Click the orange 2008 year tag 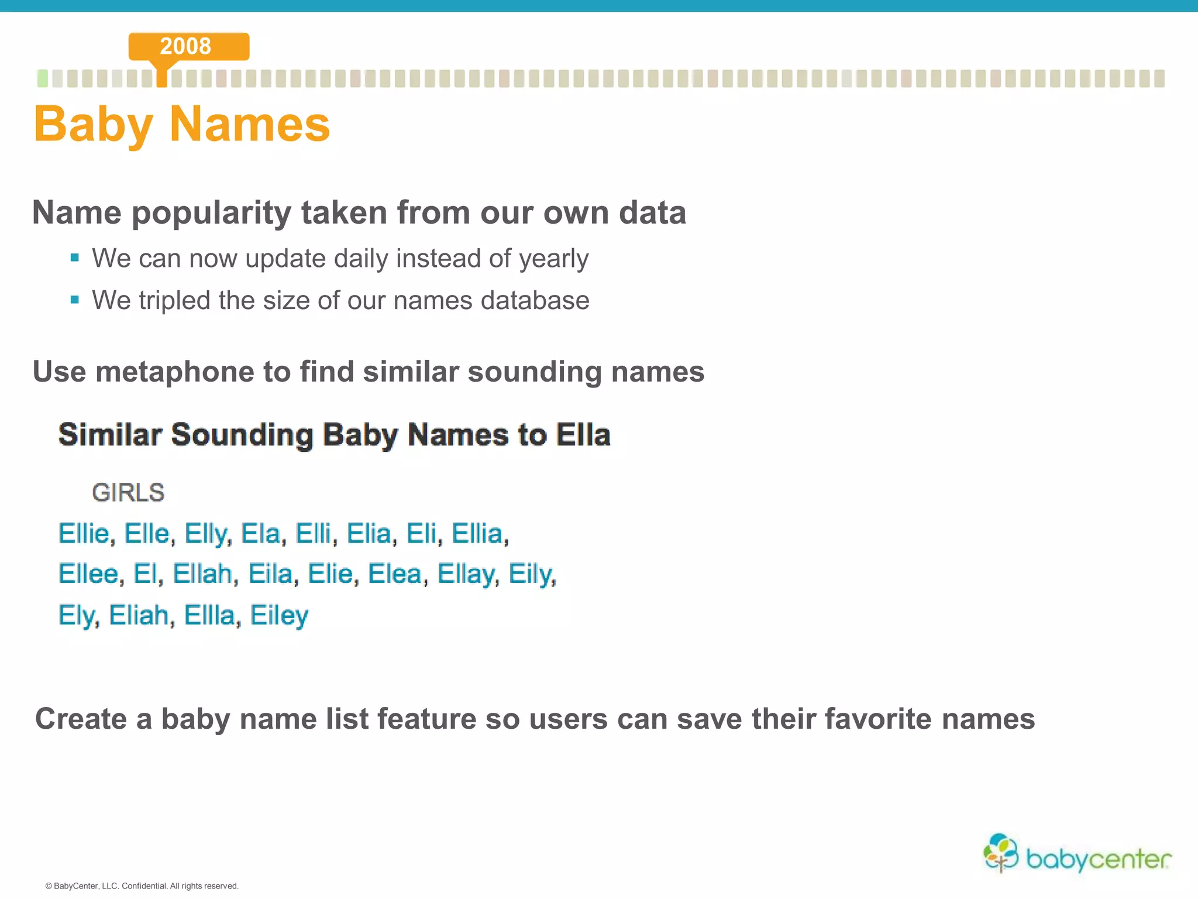(188, 46)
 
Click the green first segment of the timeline (43, 78)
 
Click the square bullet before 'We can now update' (74, 258)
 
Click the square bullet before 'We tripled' (74, 300)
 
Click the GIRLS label (128, 493)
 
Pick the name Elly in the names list (206, 534)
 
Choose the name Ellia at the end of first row (477, 534)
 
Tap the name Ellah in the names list (202, 574)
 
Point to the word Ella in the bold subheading (583, 435)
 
